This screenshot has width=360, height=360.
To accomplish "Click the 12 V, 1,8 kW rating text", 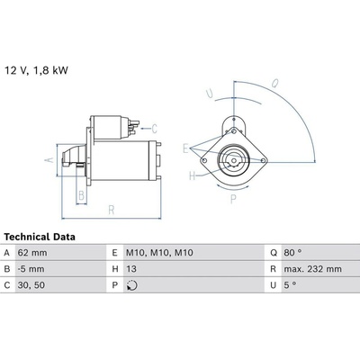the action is pos(36,70).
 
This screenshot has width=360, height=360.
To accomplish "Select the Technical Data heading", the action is pos(40,237).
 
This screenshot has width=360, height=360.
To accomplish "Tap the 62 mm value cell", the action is pos(32,253).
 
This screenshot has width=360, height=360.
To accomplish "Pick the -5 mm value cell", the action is pos(31,269).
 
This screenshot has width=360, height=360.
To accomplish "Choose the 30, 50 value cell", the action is pos(31,285).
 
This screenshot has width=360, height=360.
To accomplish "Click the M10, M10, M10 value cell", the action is pos(159,253).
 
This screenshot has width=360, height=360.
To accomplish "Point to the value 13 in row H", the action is pos(131,269).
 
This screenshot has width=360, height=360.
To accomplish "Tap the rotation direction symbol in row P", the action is pos(132,285).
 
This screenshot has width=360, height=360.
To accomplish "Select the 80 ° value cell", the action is pos(292,253).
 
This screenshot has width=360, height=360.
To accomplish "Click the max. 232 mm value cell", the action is pos(312,269).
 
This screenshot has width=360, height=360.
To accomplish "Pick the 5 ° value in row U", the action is pos(290,285).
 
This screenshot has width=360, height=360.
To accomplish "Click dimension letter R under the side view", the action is pos(112,210).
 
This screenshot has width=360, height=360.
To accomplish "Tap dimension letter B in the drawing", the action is pos(81,195).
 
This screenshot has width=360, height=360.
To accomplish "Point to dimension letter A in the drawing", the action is pos(49,160).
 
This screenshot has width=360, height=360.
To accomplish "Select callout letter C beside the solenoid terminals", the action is pos(154,129).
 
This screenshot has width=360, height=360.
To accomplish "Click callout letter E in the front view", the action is pos(186,148).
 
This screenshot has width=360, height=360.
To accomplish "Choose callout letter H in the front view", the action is pos(193,175).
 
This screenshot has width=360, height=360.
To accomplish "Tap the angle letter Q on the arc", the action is pos(274,84).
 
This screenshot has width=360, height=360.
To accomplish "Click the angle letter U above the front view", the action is pos(210,94).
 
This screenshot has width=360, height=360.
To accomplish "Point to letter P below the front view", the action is pos(233,199).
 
